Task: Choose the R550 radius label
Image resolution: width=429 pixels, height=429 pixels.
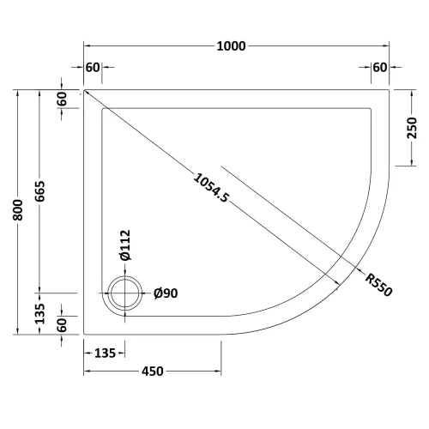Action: (378, 284)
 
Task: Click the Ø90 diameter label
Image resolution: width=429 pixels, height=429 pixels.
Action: (165, 293)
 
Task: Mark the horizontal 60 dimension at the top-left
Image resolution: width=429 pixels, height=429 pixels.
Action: (94, 69)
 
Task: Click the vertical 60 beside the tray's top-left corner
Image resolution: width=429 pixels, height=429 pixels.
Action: (62, 99)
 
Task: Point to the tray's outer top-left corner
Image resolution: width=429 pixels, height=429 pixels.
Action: (84, 88)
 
